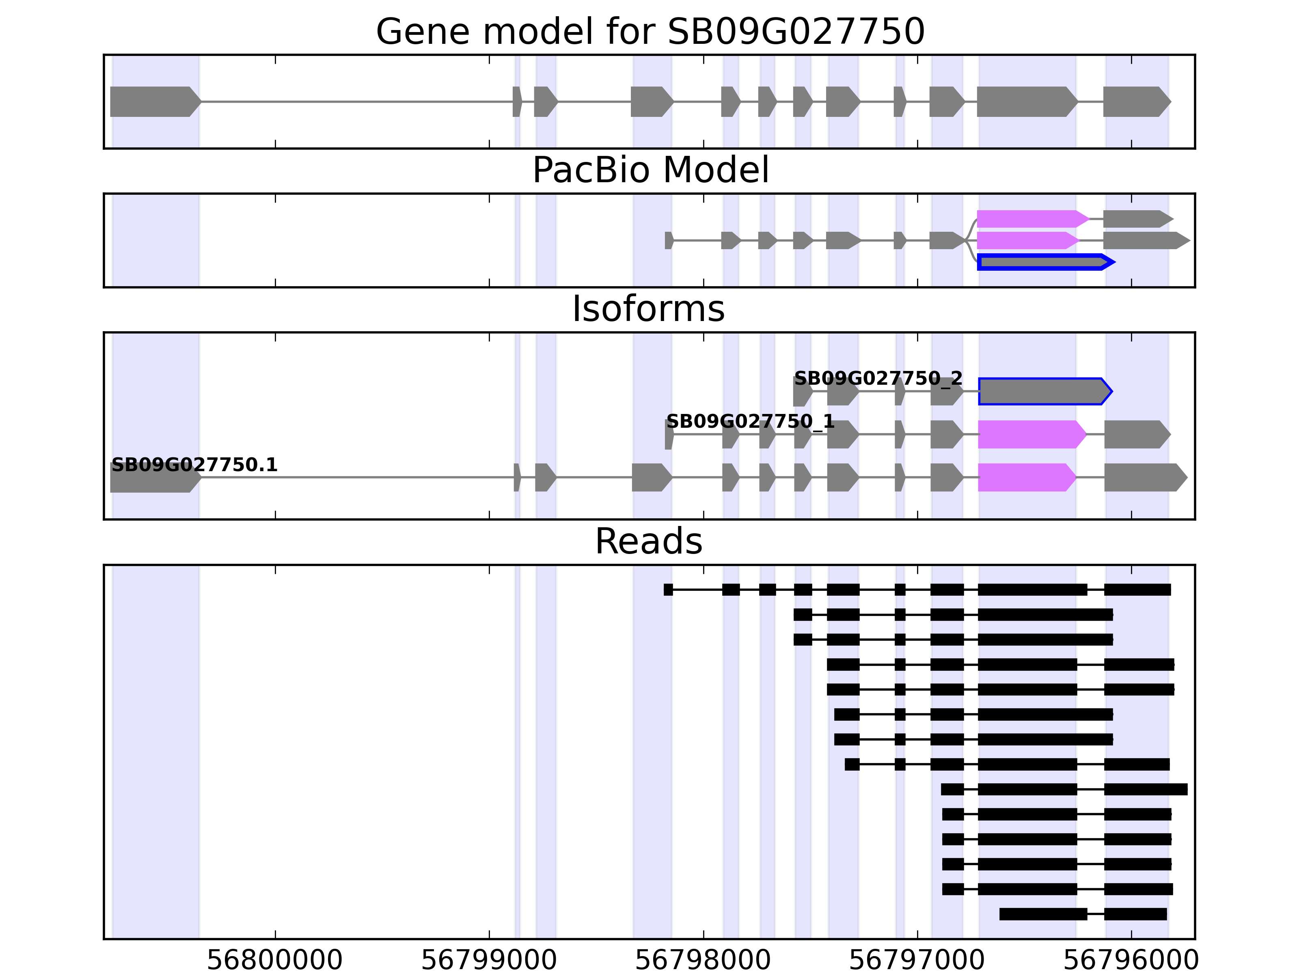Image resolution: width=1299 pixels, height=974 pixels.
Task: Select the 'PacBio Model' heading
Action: pyautogui.click(x=650, y=170)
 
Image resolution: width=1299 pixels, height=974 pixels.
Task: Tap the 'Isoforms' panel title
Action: pyautogui.click(x=648, y=309)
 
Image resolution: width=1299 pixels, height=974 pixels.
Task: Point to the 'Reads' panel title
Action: pyautogui.click(x=648, y=541)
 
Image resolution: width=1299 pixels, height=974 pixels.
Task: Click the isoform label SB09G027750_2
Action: pyautogui.click(x=878, y=379)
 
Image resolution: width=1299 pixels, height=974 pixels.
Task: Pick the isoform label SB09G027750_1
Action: pyautogui.click(x=750, y=422)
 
